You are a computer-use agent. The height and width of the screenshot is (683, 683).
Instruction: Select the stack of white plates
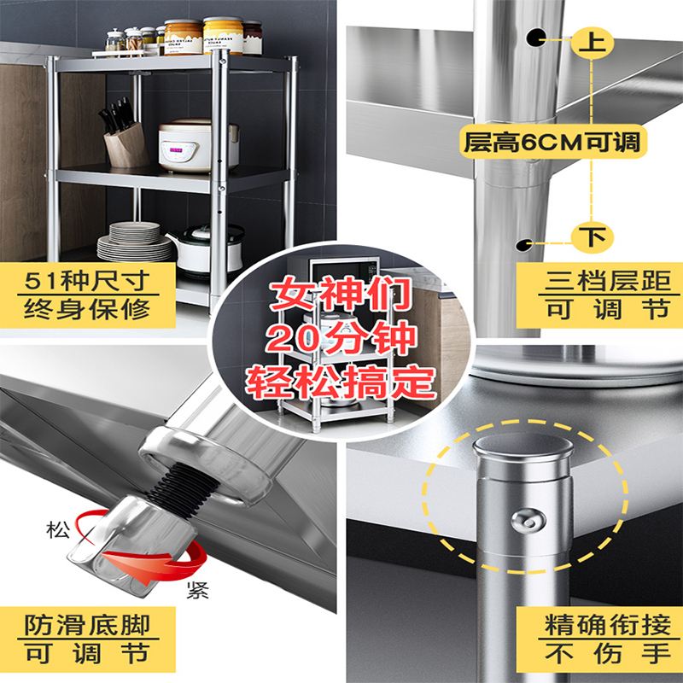pos(135,242)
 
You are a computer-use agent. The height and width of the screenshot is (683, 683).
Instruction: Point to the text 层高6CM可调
pos(551,141)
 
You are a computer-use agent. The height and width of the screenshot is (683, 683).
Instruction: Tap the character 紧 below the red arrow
pos(198,591)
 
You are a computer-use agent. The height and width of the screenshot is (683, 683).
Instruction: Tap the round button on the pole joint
pos(527,521)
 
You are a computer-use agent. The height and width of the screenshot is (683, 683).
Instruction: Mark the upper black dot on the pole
pos(536,37)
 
